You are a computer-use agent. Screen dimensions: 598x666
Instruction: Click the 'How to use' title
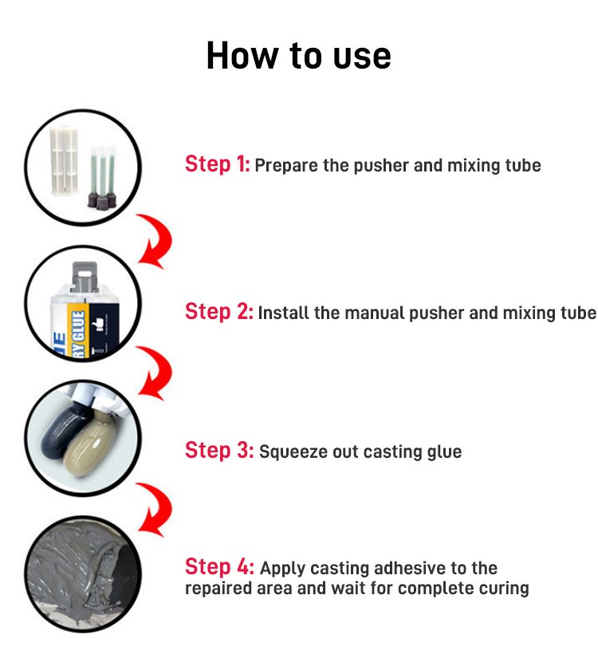click(x=298, y=56)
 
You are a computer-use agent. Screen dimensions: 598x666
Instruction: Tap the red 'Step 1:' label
click(x=218, y=164)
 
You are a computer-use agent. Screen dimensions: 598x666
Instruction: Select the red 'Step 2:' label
click(x=219, y=312)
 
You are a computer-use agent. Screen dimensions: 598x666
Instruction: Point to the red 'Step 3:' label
click(x=219, y=450)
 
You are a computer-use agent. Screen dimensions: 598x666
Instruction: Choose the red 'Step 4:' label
click(x=219, y=566)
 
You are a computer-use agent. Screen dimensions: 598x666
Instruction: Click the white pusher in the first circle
click(x=64, y=160)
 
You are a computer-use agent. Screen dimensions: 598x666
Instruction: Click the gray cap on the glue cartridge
click(x=85, y=277)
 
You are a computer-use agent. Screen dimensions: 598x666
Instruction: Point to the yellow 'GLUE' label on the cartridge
click(x=79, y=332)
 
